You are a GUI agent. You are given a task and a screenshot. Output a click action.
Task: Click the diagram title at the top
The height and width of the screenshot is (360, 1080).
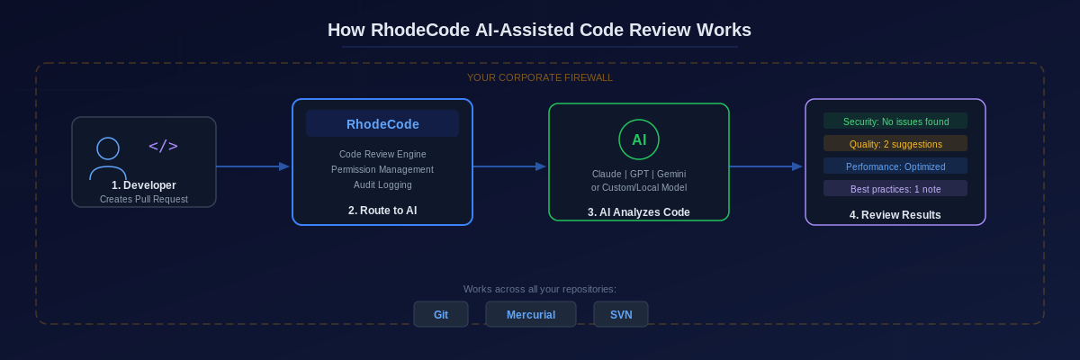pos(539,30)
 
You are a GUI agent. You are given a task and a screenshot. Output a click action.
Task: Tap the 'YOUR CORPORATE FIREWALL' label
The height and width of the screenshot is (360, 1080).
pos(539,77)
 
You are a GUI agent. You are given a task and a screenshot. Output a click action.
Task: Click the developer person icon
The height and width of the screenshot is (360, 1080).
pos(108,158)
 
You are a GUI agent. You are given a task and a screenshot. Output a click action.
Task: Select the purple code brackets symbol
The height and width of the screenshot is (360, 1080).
pos(163,146)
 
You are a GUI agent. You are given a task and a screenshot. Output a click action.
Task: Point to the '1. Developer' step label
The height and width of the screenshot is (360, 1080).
pos(144,185)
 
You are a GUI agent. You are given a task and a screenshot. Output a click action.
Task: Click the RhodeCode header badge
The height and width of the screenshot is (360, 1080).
pos(382,123)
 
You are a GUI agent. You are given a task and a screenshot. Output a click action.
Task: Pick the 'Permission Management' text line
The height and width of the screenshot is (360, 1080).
pos(382,169)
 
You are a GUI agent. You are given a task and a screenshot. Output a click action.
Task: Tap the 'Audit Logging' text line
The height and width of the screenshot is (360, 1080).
pos(382,184)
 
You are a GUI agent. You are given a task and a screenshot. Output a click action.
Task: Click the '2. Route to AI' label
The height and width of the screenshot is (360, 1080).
pos(382,211)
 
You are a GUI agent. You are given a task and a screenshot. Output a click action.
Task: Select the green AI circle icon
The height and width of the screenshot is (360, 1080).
pos(639,139)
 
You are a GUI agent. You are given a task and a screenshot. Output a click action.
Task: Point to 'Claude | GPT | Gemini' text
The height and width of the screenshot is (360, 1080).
pos(639,173)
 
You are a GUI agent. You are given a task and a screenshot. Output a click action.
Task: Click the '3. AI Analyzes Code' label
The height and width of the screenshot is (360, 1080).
pos(639,212)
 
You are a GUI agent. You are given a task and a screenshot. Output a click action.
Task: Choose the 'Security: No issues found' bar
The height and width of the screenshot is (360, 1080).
pos(895,121)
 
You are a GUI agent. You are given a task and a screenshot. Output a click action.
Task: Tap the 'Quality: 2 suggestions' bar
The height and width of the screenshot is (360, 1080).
pos(895,144)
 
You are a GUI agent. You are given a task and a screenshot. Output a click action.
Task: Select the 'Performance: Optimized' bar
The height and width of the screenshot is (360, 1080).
pos(895,166)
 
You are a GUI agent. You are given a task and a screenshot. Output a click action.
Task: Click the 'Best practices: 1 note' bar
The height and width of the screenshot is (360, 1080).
pos(895,189)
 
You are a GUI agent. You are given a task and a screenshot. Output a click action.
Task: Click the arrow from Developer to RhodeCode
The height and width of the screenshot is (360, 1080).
pos(253,166)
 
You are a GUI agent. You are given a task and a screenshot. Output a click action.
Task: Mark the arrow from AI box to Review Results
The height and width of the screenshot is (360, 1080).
pos(766,166)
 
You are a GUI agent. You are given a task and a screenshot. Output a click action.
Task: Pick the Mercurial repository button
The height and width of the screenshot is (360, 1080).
pos(531,315)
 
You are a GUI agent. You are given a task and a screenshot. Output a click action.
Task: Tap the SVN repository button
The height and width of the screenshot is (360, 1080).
pos(621,315)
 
